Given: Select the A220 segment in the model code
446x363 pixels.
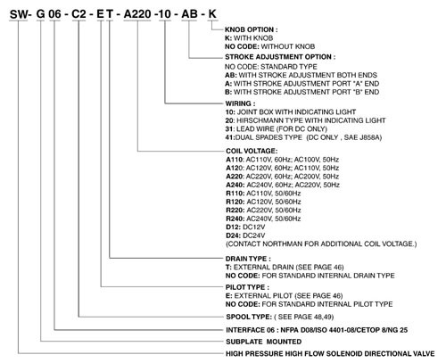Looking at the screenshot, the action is [x=137, y=14].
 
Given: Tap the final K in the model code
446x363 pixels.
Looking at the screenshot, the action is [x=212, y=14].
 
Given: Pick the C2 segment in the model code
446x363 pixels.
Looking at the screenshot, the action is [x=78, y=14].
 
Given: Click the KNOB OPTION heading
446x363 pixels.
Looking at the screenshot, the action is [x=252, y=29].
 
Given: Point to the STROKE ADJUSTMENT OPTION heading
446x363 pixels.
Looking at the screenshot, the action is [x=280, y=57].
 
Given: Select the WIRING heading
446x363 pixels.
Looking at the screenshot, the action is [x=240, y=103].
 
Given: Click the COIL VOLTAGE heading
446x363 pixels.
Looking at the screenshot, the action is [x=252, y=151].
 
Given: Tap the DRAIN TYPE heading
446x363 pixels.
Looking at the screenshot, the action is [x=248, y=259].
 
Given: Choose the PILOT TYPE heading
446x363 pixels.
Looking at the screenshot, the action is [x=247, y=287].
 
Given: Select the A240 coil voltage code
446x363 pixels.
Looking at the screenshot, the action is [x=235, y=185].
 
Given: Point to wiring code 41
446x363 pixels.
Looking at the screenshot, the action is [x=230, y=137].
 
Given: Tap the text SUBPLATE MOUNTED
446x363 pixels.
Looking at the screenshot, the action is [x=264, y=342].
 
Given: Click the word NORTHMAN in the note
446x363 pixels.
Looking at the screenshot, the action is [x=285, y=244].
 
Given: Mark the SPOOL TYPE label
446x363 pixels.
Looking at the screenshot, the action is [x=249, y=317].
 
